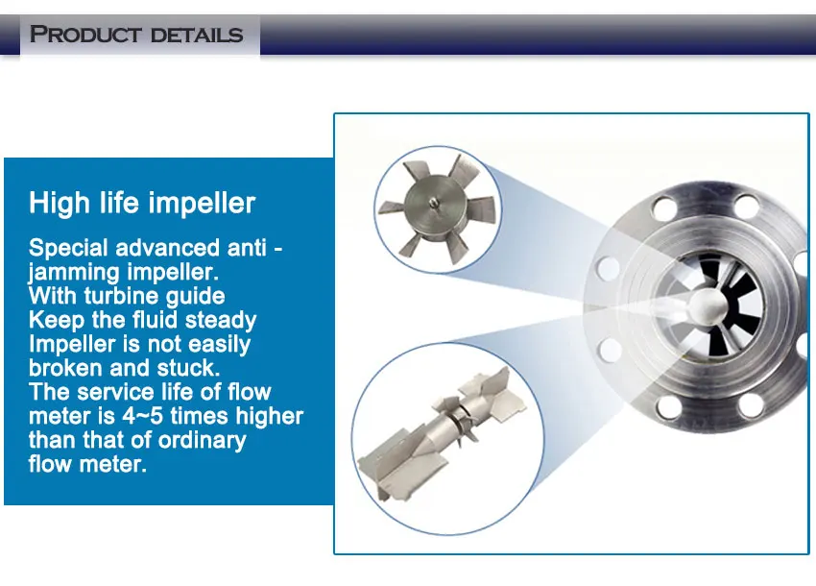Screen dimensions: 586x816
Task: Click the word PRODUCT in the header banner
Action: [84, 36]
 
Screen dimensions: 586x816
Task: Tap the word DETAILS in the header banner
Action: [191, 36]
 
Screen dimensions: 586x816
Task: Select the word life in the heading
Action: [117, 204]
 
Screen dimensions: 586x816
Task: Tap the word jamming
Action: [73, 272]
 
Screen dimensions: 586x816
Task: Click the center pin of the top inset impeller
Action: [434, 203]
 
